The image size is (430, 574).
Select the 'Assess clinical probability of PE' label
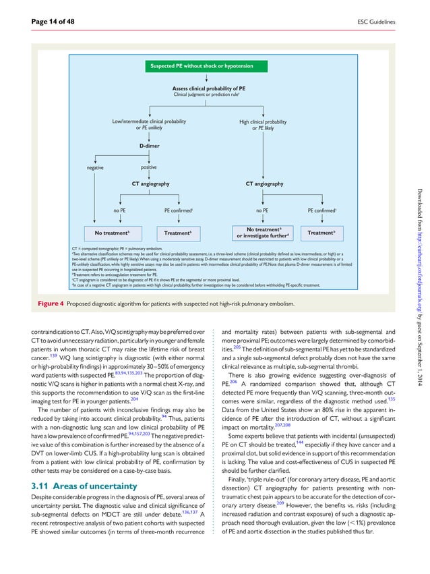pyautogui.click(x=208, y=88)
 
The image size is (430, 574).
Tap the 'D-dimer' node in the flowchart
pyautogui.click(x=150, y=145)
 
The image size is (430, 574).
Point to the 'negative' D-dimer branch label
pyautogui.click(x=94, y=167)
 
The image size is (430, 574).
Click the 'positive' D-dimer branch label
pyautogui.click(x=150, y=167)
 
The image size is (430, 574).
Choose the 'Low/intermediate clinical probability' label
pyautogui.click(x=149, y=121)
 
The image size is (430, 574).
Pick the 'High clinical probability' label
pyautogui.click(x=263, y=122)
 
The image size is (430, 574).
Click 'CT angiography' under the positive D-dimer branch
pyautogui.click(x=150, y=183)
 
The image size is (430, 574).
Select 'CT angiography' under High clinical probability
pyautogui.click(x=264, y=183)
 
